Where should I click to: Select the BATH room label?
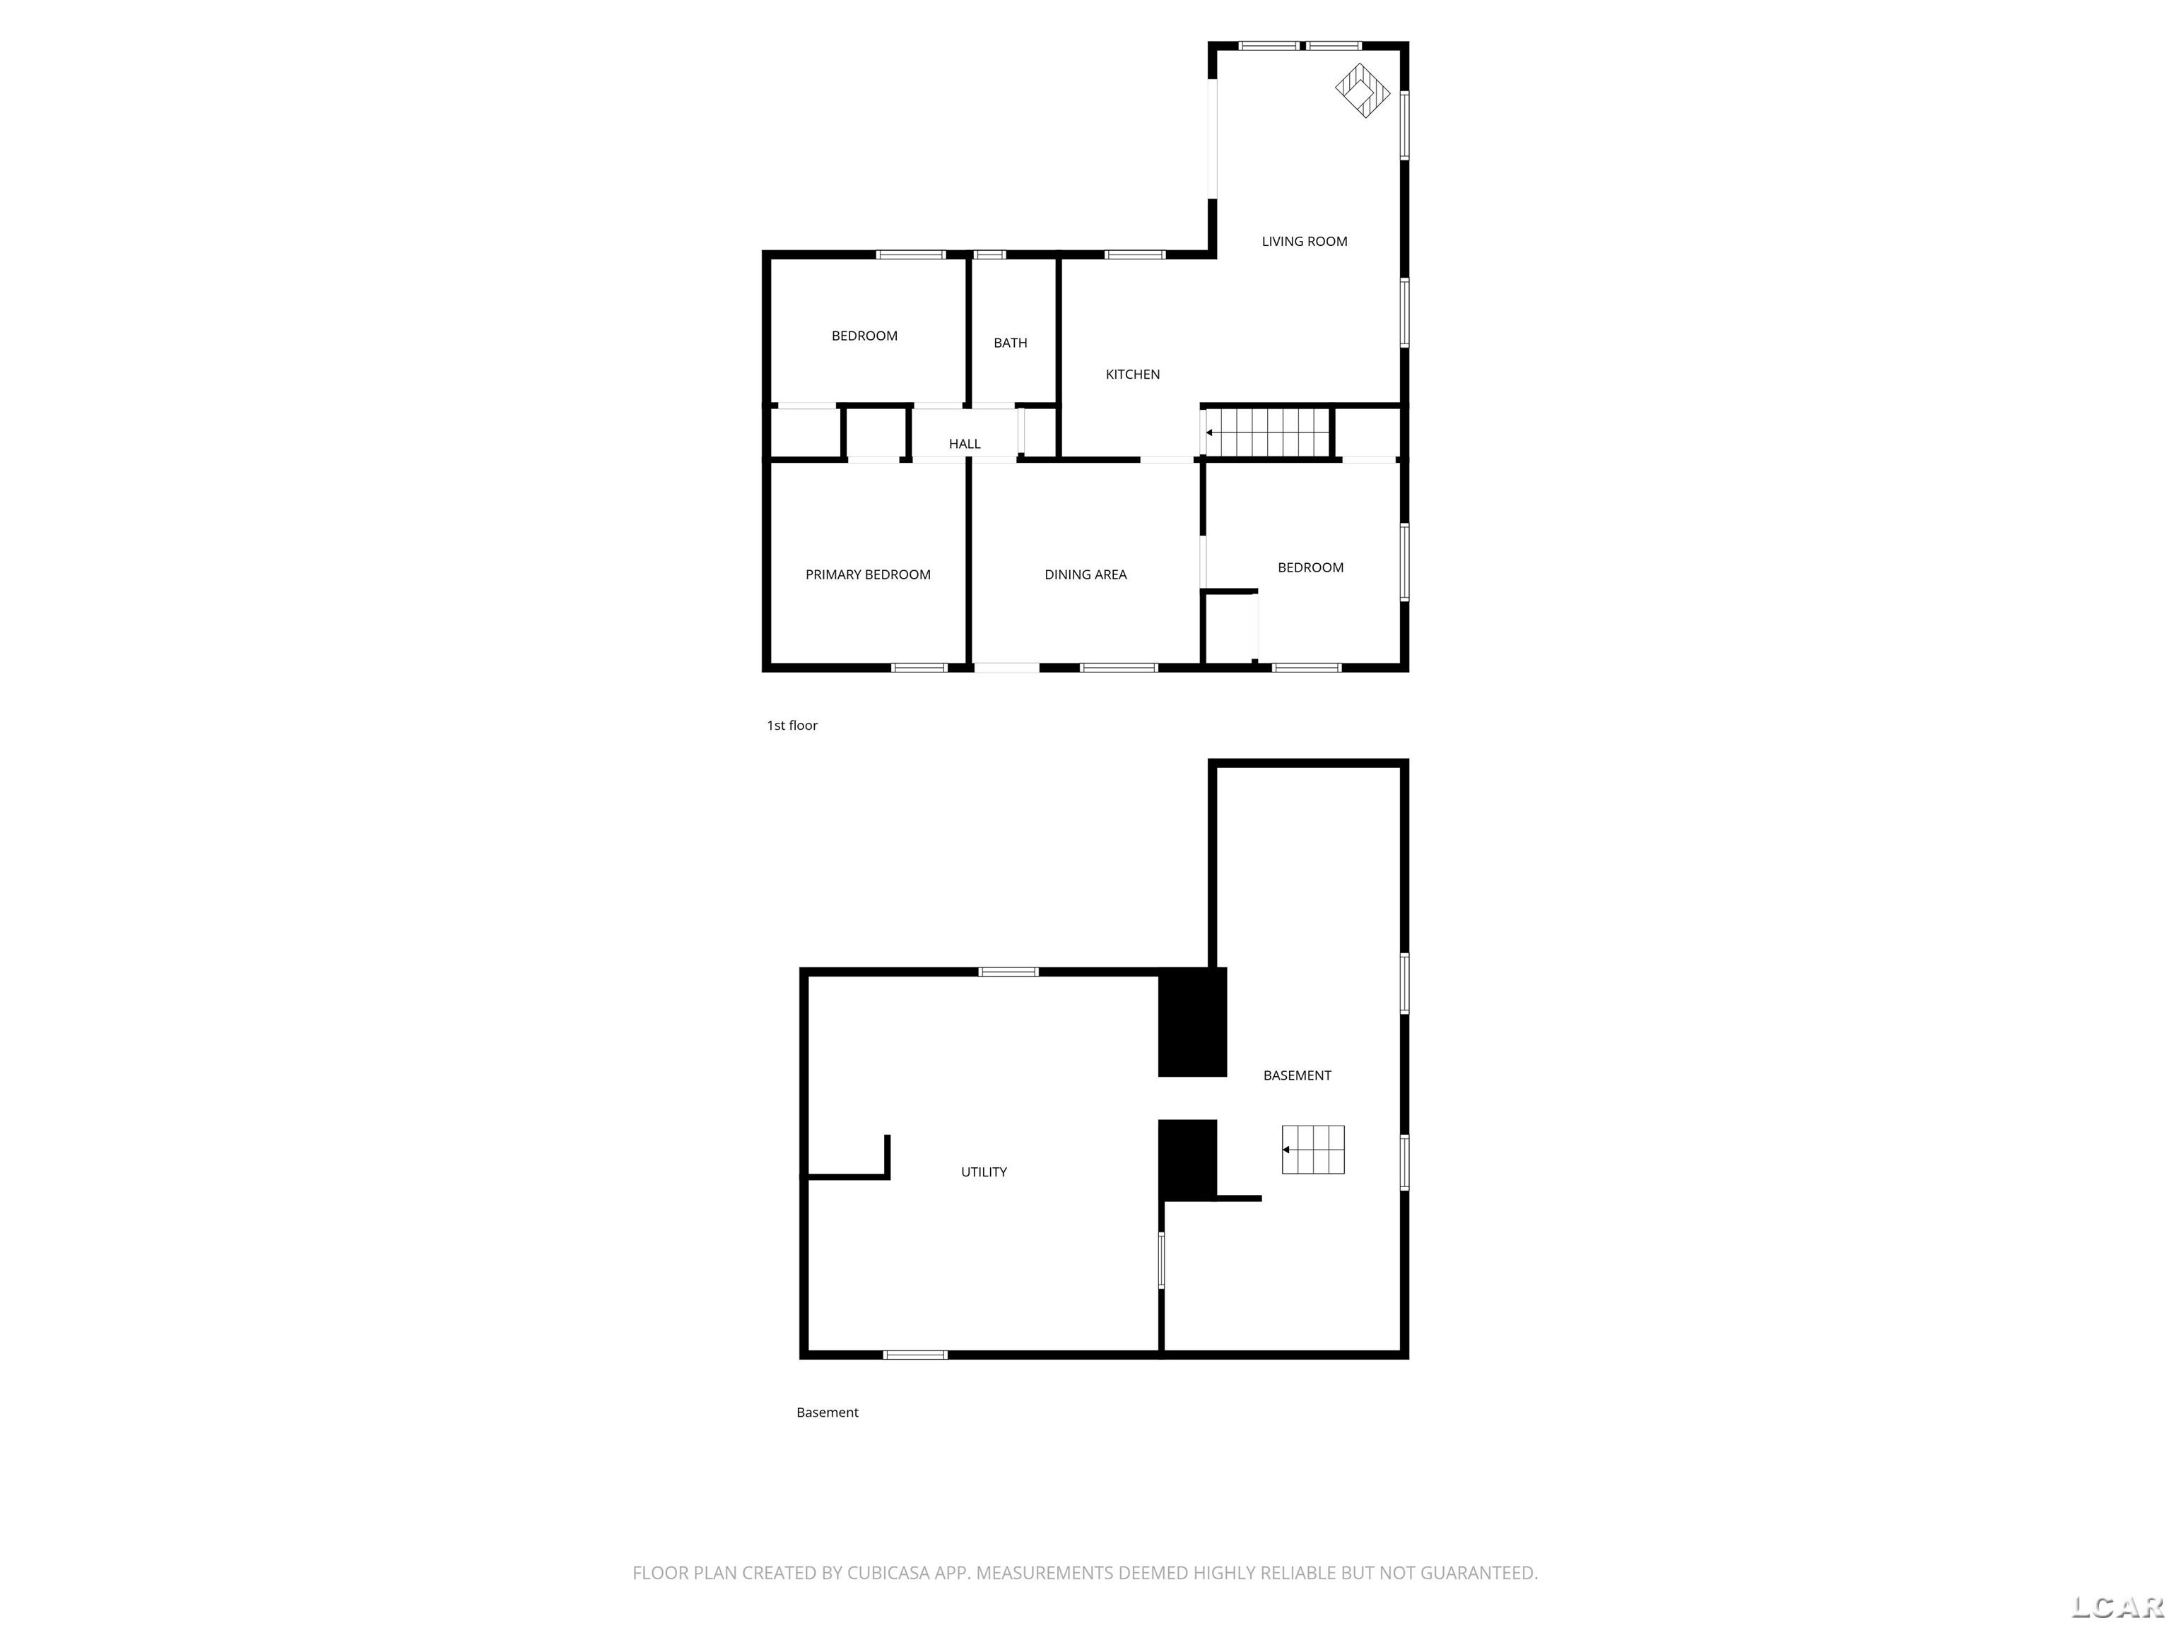coord(1010,343)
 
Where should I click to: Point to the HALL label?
coord(964,444)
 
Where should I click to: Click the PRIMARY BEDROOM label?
coord(868,574)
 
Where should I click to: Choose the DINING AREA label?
coord(1085,574)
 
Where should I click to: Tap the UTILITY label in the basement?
coord(984,1172)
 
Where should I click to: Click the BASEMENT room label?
coord(1297,1075)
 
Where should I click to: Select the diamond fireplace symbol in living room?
coord(1363,91)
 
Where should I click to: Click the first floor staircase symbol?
coord(1267,432)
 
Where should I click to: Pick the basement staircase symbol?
coord(1312,1149)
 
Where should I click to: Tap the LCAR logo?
coord(2117,1606)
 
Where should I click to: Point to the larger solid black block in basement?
coord(1192,1022)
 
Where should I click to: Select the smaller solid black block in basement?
coord(1187,1159)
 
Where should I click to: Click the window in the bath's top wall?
coord(989,255)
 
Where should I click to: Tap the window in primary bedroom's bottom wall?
coord(919,667)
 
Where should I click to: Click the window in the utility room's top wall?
coord(1008,972)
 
